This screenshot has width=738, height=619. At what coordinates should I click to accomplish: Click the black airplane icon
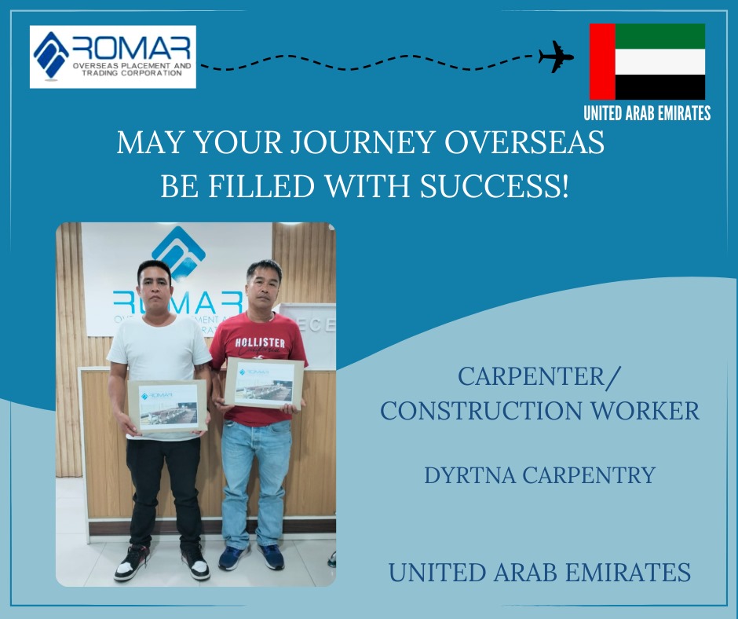557,57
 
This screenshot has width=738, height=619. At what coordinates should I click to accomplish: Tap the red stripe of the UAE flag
602,61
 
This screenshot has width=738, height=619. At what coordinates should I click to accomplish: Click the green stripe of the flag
659,36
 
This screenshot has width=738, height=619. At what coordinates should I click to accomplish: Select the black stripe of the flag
659,86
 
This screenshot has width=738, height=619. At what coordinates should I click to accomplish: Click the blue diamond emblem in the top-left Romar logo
51,55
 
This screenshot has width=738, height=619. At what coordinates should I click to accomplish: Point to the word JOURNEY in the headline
363,142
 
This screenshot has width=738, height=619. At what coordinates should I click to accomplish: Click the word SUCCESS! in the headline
494,186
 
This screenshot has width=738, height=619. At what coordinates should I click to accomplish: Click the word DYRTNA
470,475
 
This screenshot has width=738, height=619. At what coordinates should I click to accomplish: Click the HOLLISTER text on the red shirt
260,342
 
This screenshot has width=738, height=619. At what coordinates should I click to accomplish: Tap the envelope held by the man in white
167,406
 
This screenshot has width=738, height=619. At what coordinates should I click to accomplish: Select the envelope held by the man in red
264,383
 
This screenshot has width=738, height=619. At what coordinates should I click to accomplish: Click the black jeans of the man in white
165,493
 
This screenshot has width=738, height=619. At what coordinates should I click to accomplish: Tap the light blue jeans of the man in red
257,484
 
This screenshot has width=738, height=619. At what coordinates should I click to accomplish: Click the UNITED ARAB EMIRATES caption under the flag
647,114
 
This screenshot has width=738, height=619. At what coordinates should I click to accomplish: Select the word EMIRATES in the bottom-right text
628,573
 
